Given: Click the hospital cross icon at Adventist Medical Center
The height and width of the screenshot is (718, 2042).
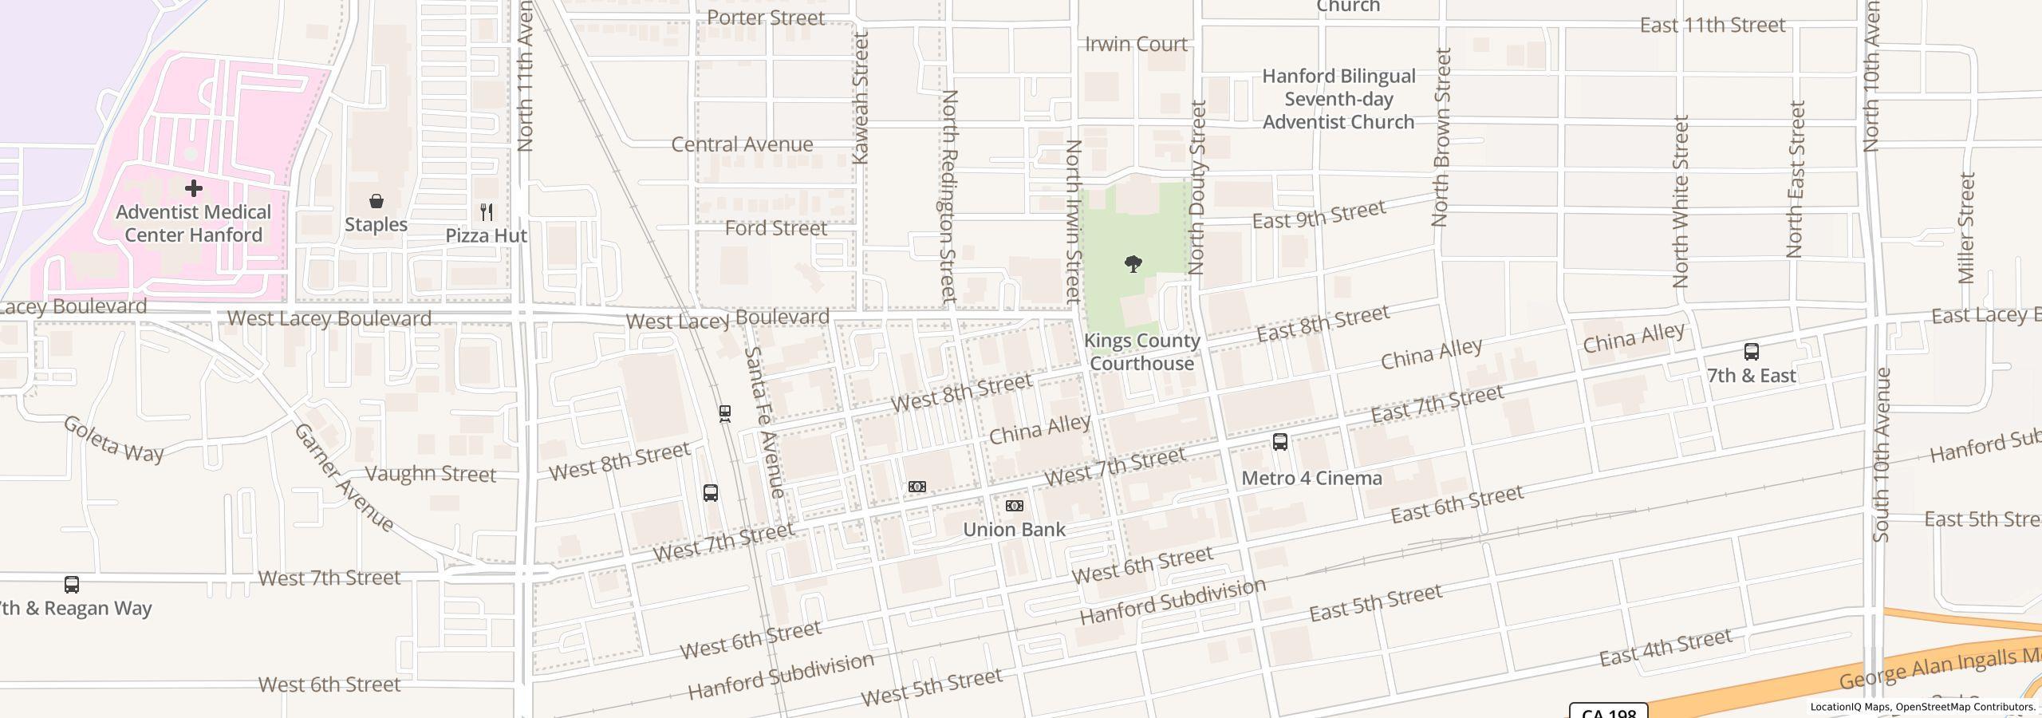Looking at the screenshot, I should tap(193, 188).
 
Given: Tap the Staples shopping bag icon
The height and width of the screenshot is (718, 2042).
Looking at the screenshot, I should tap(376, 201).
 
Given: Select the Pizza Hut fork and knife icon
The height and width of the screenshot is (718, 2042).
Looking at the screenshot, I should tap(487, 212).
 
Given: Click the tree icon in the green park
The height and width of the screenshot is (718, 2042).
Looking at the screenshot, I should tap(1133, 264).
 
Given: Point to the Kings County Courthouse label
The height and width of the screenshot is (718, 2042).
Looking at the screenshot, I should tap(1141, 352).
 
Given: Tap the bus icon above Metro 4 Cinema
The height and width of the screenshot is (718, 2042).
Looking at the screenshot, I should tap(1279, 442).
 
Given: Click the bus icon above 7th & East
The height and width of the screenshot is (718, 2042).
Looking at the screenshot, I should tap(1751, 352).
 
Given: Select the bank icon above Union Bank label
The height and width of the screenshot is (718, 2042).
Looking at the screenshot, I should tap(1014, 506).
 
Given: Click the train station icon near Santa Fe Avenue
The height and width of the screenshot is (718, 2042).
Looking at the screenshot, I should tap(724, 413).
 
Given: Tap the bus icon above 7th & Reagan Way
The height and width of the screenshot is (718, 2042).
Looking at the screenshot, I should tap(72, 585).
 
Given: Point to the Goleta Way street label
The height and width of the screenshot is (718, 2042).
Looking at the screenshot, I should tap(113, 440).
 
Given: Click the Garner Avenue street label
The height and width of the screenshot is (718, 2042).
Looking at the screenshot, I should tap(344, 478).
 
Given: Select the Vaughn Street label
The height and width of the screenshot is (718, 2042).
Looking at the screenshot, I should tap(430, 474).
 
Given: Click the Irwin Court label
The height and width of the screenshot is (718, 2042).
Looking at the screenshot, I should tap(1136, 45).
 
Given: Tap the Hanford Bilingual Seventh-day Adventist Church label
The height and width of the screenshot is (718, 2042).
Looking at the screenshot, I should tap(1338, 99).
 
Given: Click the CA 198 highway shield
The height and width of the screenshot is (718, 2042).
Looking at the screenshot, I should tap(1608, 712).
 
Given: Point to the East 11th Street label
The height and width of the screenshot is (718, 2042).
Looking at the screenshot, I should tap(1712, 26).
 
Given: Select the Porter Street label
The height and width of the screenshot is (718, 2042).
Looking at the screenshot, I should tap(766, 18).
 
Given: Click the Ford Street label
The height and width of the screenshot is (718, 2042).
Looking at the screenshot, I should tap(775, 229).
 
